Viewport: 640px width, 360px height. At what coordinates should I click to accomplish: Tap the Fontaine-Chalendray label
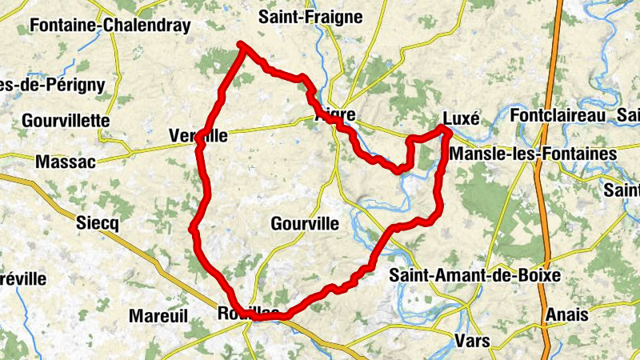pyautogui.click(x=110, y=26)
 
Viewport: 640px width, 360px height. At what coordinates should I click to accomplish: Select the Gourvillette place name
pyautogui.click(x=66, y=120)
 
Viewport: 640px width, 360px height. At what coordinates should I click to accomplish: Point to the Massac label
pyautogui.click(x=66, y=162)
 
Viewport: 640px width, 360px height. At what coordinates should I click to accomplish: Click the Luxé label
pyautogui.click(x=461, y=118)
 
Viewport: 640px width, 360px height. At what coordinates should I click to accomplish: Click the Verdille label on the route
pyautogui.click(x=198, y=137)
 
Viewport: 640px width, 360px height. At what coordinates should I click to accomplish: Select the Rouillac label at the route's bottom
pyautogui.click(x=248, y=313)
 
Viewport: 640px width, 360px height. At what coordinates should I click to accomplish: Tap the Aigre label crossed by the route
pyautogui.click(x=334, y=115)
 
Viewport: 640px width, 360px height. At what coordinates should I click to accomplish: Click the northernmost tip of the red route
pyautogui.click(x=242, y=46)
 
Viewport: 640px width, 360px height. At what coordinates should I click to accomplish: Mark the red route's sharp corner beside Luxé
pyautogui.click(x=443, y=129)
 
